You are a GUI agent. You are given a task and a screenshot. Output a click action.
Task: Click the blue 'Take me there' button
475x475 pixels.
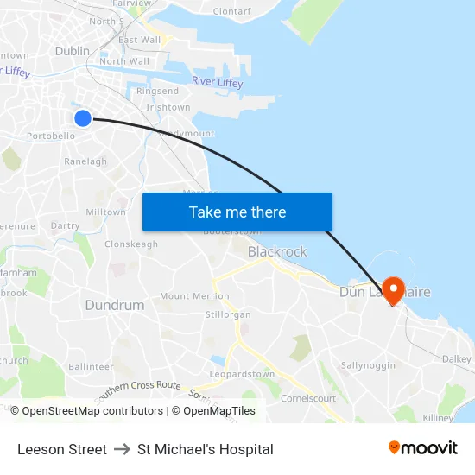tap(237, 212)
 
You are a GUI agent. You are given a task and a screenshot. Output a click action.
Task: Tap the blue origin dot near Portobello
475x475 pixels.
tap(83, 118)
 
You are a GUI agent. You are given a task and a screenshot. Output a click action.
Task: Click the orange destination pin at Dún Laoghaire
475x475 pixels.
tap(393, 289)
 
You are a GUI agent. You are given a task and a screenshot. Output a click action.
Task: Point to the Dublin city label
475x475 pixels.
tap(72, 51)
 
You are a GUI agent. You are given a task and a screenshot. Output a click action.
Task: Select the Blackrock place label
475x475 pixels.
tap(277, 251)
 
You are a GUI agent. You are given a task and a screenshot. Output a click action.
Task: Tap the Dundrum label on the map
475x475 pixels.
tap(115, 305)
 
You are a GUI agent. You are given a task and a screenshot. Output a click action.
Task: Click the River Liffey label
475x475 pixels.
tap(217, 82)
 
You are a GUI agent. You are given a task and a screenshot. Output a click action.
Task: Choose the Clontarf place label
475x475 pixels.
tap(231, 11)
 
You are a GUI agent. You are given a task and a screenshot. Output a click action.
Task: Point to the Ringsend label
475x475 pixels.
tap(157, 91)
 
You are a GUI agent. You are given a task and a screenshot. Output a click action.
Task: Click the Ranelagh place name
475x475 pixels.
tap(86, 161)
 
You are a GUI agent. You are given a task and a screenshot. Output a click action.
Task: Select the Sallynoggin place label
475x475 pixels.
tap(368, 365)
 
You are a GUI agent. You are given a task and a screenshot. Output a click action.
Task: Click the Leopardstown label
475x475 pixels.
tap(234, 376)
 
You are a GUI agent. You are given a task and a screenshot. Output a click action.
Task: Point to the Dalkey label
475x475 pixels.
tap(457, 358)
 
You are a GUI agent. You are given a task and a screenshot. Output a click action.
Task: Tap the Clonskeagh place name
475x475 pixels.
tap(131, 244)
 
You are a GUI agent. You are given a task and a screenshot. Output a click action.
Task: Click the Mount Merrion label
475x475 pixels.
tap(194, 295)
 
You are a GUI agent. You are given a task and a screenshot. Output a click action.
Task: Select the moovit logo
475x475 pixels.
tap(422, 448)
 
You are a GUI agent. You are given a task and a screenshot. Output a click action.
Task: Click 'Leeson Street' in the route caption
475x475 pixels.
tap(62, 449)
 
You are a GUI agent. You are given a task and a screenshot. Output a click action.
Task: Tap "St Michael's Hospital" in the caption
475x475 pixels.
tap(206, 449)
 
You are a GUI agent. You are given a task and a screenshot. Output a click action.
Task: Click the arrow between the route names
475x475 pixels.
tap(122, 449)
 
